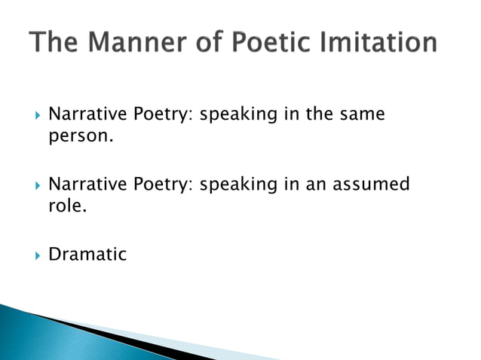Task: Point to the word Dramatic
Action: click(x=87, y=254)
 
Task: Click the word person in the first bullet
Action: click(x=81, y=138)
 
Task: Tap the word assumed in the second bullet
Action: click(x=369, y=184)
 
